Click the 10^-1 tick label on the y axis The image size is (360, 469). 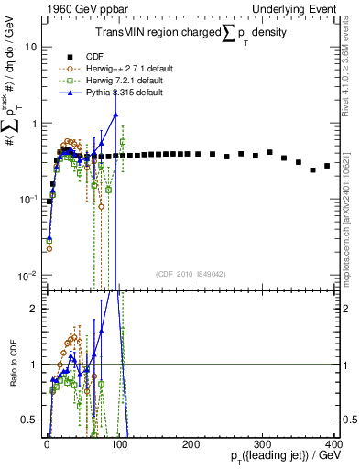27,199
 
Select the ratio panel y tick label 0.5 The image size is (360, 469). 30,420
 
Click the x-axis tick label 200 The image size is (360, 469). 191,443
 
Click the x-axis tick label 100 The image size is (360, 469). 118,443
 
